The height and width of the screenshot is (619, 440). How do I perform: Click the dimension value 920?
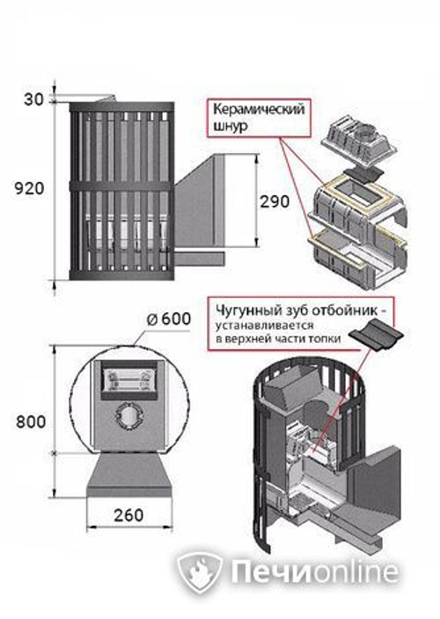(29, 189)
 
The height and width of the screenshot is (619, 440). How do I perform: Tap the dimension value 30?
(33, 99)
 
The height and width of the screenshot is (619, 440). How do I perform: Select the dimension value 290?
(275, 201)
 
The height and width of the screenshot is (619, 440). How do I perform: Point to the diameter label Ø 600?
(169, 319)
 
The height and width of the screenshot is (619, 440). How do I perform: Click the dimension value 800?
(31, 422)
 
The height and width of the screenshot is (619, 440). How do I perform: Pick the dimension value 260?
(128, 515)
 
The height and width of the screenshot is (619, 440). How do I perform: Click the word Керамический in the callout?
(259, 109)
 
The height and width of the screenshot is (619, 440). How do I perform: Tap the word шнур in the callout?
(231, 127)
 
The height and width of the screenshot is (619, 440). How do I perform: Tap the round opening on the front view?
(128, 416)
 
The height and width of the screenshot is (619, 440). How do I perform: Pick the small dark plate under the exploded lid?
(360, 174)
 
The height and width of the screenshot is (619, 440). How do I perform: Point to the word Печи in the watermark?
(269, 572)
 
